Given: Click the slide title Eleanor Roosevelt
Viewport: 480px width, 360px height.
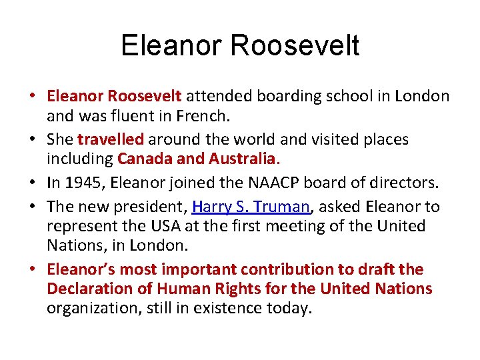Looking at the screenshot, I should (x=240, y=45).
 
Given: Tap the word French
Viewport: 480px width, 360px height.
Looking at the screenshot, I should (x=203, y=117).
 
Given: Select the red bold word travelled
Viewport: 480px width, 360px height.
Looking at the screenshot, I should (x=111, y=139).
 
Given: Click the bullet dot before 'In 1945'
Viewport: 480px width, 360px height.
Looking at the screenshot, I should (x=32, y=183).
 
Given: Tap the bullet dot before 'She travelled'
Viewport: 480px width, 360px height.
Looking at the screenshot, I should (x=32, y=139).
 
